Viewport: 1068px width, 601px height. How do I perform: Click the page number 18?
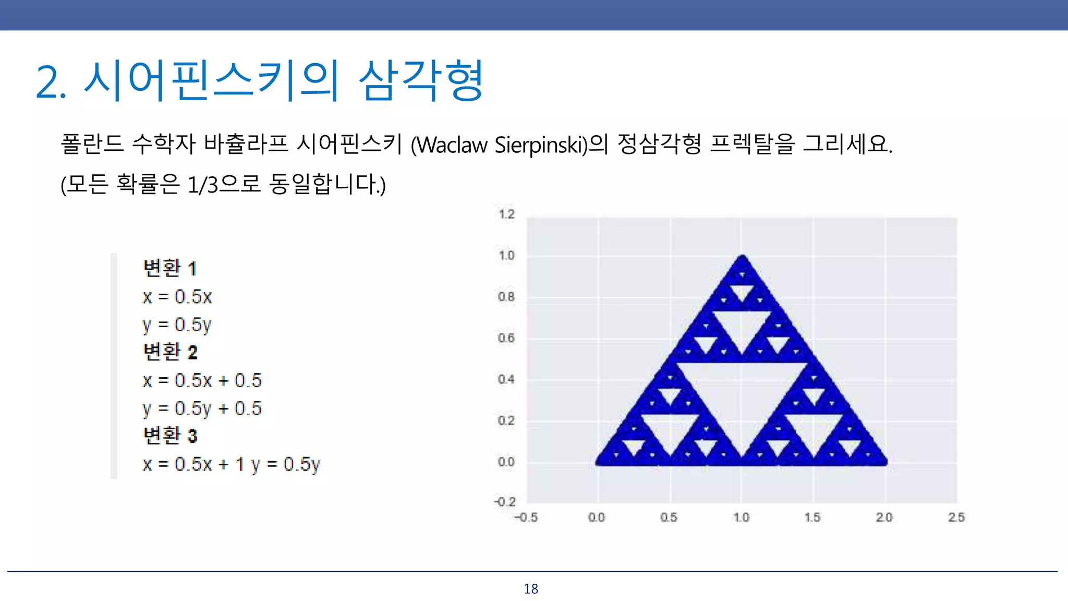click(x=531, y=588)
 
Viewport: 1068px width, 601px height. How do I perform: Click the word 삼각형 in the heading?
click(x=421, y=80)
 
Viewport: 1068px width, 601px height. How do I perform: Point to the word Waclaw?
click(x=453, y=145)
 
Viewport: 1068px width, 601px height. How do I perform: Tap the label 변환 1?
click(x=170, y=268)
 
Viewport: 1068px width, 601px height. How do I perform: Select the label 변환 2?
click(x=170, y=352)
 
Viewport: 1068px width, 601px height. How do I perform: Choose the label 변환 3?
click(x=170, y=436)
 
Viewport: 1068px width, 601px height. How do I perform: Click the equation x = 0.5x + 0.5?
click(x=202, y=380)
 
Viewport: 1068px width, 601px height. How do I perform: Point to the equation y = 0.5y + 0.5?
click(x=202, y=408)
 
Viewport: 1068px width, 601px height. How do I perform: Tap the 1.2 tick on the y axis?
click(x=506, y=214)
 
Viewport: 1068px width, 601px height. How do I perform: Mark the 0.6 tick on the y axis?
click(x=506, y=338)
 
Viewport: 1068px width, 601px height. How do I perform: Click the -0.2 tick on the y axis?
click(x=505, y=502)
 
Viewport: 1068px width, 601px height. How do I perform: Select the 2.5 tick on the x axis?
click(x=956, y=518)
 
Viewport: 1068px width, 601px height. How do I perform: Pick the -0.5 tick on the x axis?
click(x=526, y=518)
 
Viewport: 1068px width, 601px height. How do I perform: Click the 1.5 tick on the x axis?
click(x=812, y=518)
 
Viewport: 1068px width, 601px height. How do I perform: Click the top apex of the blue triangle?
click(x=742, y=257)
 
